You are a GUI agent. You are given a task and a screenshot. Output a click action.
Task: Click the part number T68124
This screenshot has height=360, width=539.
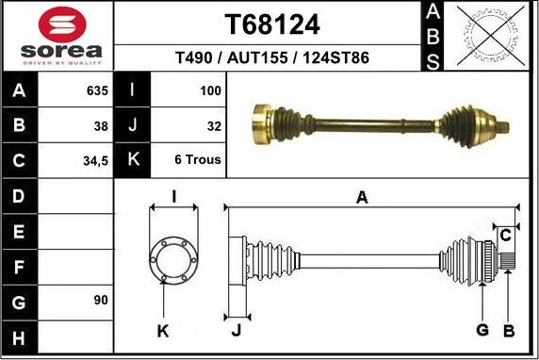[272, 24]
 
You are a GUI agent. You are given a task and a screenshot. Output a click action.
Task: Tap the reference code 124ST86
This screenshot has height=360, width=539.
[334, 58]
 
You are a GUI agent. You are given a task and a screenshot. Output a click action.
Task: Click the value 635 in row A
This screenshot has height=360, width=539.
[96, 91]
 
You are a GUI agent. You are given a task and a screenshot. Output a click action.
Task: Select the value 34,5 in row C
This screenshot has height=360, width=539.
[94, 161]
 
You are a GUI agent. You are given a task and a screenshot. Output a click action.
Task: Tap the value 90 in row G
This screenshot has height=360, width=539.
[100, 301]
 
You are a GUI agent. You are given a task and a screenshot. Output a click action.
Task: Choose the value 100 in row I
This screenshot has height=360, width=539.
[210, 91]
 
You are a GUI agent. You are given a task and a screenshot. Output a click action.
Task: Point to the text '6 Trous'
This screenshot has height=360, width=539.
[198, 159]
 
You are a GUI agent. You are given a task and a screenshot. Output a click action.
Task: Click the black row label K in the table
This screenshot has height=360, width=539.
[133, 159]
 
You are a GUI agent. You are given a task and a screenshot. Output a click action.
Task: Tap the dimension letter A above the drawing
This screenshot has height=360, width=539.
[361, 197]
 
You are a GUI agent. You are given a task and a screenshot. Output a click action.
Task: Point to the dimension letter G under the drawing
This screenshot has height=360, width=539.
[483, 329]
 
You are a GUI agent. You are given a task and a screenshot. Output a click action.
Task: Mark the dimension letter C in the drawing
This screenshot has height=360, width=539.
[505, 233]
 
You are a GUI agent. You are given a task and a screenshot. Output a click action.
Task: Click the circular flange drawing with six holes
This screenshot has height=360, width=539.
[172, 256]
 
